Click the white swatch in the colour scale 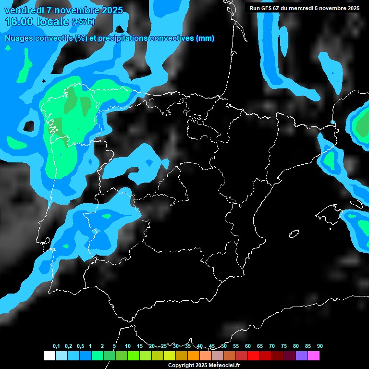[49, 356]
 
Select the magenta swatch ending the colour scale [314, 356]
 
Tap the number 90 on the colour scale [320, 346]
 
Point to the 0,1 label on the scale [56, 346]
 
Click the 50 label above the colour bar [224, 346]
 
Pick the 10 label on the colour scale [127, 346]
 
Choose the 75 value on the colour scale [284, 346]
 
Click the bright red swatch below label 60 [254, 356]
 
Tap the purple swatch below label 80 [302, 356]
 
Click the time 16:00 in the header [19, 22]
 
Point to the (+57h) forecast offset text [83, 22]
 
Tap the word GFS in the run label [266, 8]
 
